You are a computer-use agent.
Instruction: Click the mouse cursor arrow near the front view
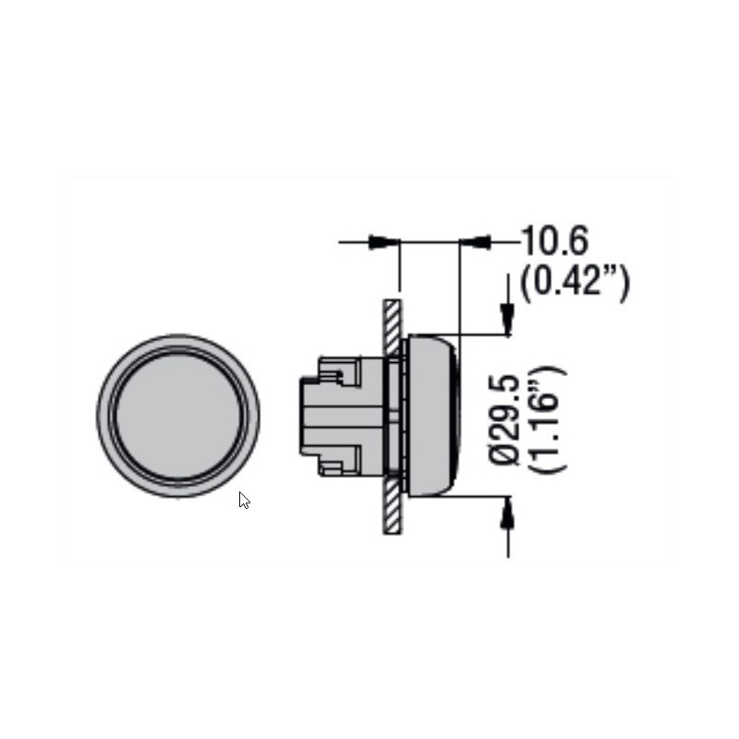point(244,501)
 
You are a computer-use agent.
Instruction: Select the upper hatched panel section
point(392,328)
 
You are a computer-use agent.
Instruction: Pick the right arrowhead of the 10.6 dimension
point(474,242)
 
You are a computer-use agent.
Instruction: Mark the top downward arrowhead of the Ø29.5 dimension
point(507,320)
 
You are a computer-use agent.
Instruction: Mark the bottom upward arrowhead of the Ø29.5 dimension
point(507,511)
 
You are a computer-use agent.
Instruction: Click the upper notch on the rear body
point(338,374)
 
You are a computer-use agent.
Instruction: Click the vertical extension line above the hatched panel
point(399,268)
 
